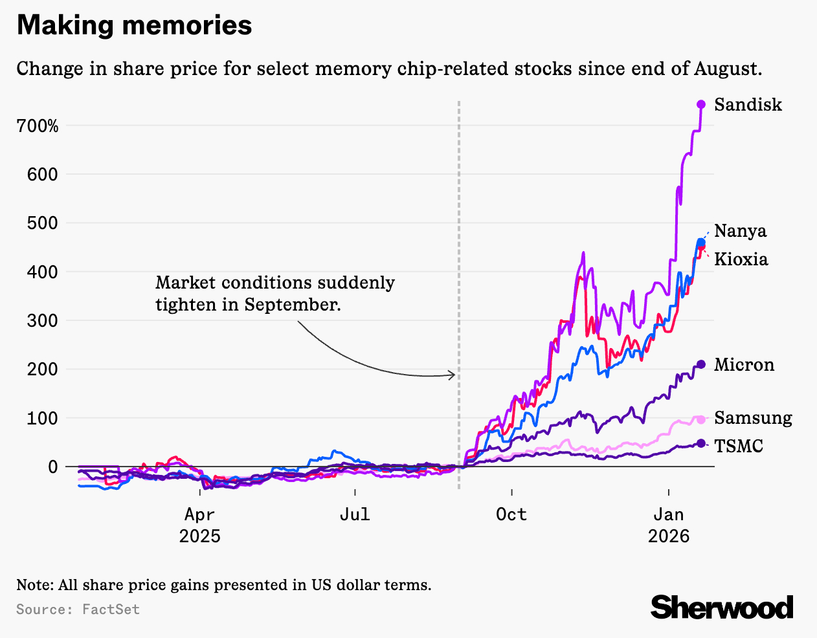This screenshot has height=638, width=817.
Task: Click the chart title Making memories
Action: (134, 26)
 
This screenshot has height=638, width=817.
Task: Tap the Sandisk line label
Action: (748, 105)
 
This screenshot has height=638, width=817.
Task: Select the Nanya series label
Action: (740, 231)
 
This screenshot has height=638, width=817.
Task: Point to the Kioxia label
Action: (741, 259)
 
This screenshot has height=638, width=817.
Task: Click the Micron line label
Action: (744, 365)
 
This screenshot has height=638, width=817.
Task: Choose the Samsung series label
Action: (753, 418)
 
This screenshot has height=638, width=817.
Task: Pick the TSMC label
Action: (739, 446)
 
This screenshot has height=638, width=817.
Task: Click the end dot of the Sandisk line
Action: (701, 105)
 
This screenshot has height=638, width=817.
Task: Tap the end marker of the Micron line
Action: (701, 364)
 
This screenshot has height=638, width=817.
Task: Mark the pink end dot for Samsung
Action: (701, 419)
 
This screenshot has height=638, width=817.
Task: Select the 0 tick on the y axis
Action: (52, 467)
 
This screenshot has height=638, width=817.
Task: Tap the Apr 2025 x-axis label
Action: (199, 525)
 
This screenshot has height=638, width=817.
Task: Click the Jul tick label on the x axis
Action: (355, 514)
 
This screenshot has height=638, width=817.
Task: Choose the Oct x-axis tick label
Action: (511, 514)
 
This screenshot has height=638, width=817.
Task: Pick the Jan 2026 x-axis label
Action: (668, 525)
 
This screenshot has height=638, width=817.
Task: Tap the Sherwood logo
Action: (722, 608)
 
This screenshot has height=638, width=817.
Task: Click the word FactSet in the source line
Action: (111, 610)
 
